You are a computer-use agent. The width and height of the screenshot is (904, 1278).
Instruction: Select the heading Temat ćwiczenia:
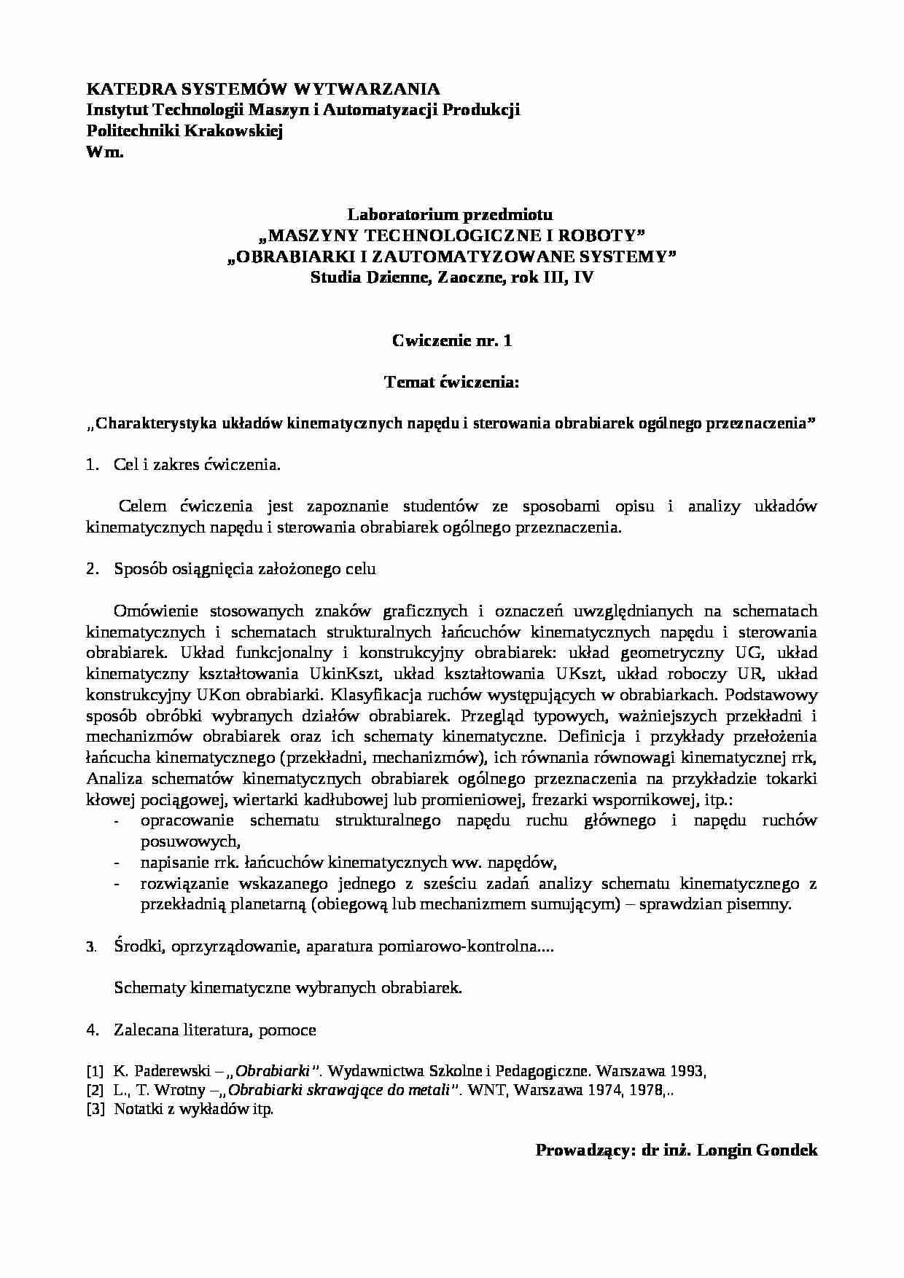pos(451,382)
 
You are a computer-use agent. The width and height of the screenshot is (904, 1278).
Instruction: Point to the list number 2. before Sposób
pos(92,569)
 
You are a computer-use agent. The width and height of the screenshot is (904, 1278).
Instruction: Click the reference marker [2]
pos(95,1091)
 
